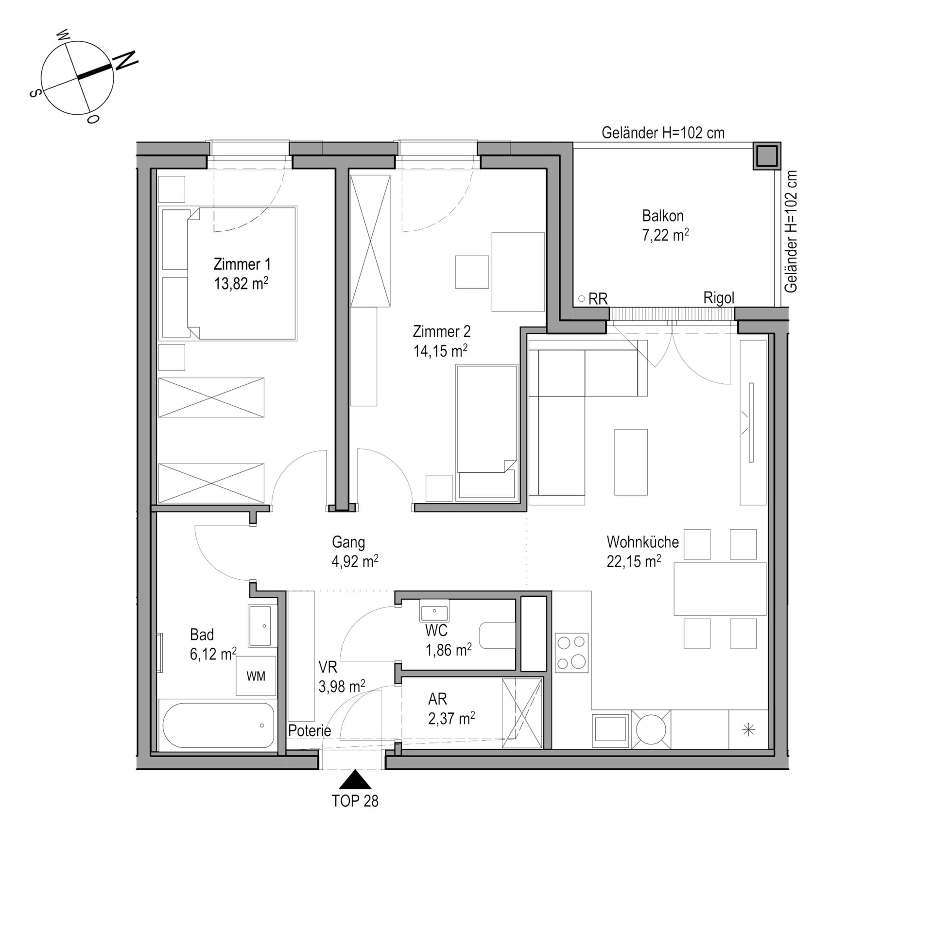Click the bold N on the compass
tap(125, 61)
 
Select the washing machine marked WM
tap(256, 676)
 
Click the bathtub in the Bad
tap(218, 725)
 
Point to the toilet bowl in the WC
tap(497, 636)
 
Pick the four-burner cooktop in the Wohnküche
tap(571, 653)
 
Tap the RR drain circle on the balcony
tap(581, 298)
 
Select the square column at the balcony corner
tap(767, 156)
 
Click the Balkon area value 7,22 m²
tap(665, 236)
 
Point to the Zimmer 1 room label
tap(242, 264)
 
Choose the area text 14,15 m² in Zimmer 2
tap(440, 350)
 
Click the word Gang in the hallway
tap(348, 542)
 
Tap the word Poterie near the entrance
tap(310, 730)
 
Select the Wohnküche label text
tap(642, 541)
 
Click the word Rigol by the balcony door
tap(719, 298)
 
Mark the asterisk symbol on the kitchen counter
tap(749, 729)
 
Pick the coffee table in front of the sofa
tap(631, 462)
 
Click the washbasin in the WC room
tap(434, 610)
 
